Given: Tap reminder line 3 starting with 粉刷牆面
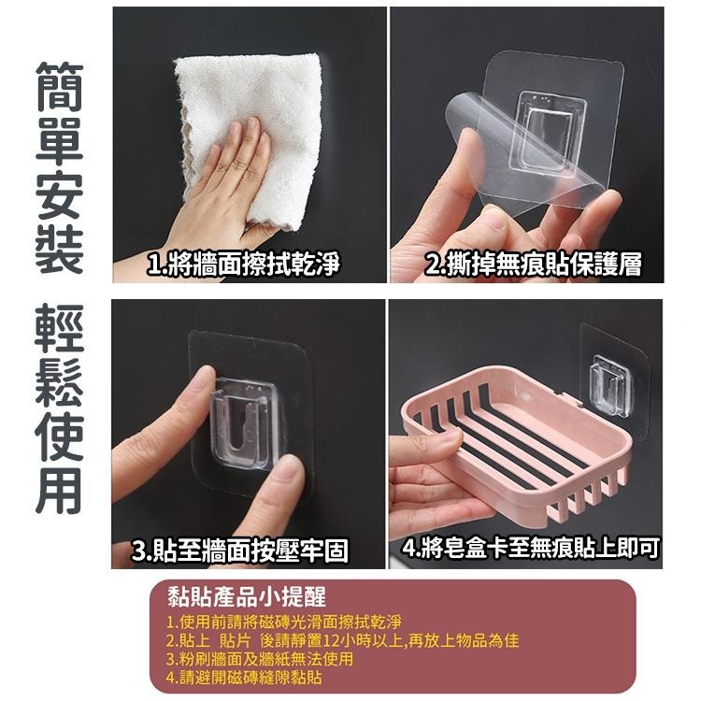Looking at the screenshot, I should [260, 659].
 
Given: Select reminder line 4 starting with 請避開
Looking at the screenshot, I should [244, 677].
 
